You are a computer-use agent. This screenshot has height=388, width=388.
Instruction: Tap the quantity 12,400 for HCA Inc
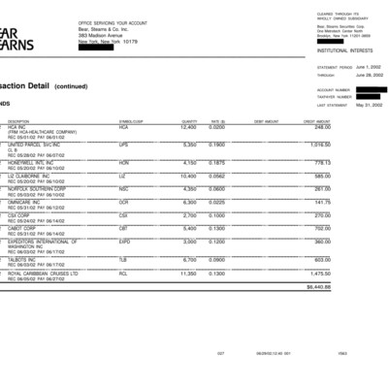[188, 126]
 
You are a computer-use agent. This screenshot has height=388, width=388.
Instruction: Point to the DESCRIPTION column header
[18, 121]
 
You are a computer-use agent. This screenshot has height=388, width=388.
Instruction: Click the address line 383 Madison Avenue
[102, 37]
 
